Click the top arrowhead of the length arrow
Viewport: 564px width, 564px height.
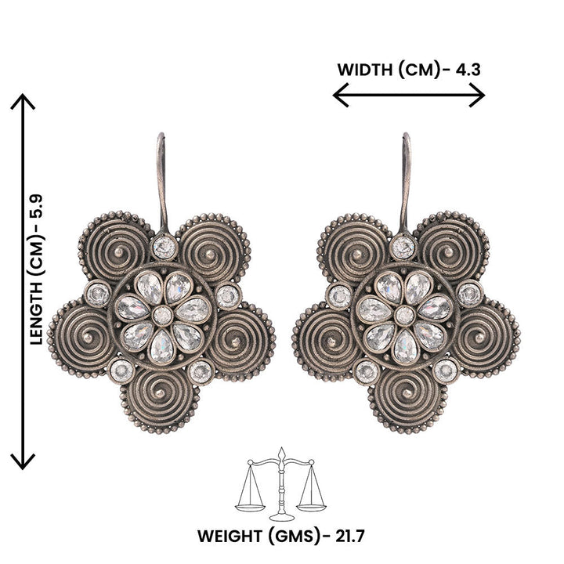pos(23,101)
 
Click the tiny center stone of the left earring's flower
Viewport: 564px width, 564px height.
pos(162,315)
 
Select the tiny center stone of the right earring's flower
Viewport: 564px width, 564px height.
pos(404,315)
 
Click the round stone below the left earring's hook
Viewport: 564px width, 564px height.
pos(164,248)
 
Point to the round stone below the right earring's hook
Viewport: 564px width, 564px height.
pos(403,248)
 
